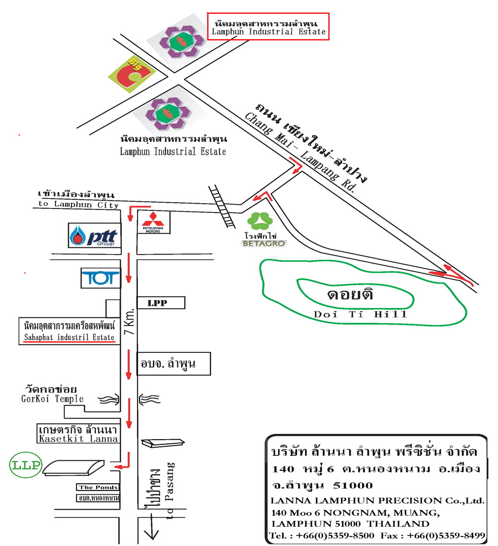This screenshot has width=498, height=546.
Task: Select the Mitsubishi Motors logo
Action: [x=154, y=222]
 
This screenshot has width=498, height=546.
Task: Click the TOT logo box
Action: [x=101, y=278]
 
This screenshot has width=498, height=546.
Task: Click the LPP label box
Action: [x=161, y=303]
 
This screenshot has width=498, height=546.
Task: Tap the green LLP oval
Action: [x=26, y=465]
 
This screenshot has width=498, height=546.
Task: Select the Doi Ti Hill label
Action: [x=361, y=314]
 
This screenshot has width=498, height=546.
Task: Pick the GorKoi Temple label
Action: [x=52, y=399]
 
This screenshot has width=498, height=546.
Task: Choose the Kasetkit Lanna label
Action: [x=79, y=438]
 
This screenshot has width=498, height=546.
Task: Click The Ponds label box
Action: [x=98, y=487]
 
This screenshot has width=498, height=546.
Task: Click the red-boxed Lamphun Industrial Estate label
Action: [x=268, y=32]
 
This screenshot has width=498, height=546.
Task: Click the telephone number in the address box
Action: [x=322, y=535]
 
